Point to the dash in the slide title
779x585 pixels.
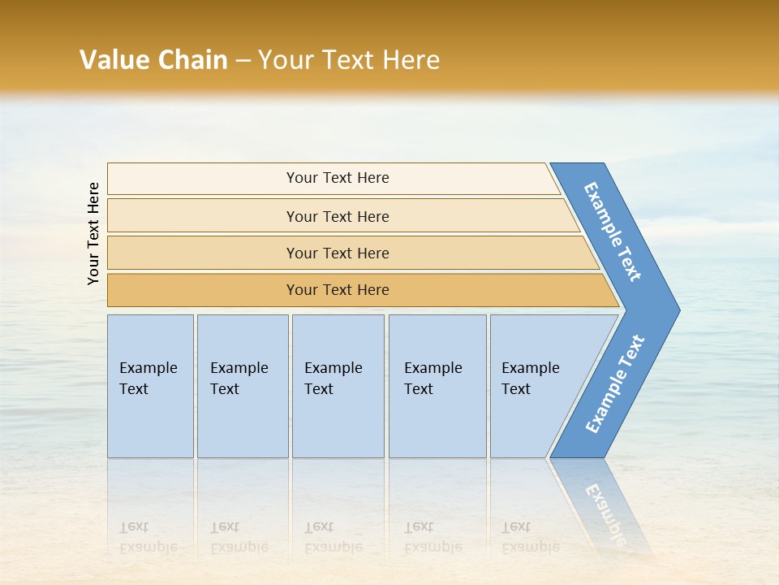pyautogui.click(x=243, y=61)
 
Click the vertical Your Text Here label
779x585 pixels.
pyautogui.click(x=93, y=233)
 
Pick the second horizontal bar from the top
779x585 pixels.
pyautogui.click(x=338, y=216)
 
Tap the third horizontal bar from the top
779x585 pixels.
pyautogui.click(x=338, y=253)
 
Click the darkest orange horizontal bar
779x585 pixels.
pyautogui.click(x=338, y=290)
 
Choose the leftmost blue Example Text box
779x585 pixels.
pyautogui.click(x=150, y=386)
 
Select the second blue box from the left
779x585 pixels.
pyautogui.click(x=242, y=386)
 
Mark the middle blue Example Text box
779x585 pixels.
pyautogui.click(x=338, y=386)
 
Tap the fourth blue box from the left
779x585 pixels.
pyautogui.click(x=437, y=386)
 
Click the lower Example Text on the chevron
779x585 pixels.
pyautogui.click(x=615, y=384)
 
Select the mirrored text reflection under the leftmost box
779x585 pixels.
pyautogui.click(x=148, y=537)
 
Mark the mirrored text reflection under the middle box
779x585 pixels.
pyautogui.click(x=333, y=537)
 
